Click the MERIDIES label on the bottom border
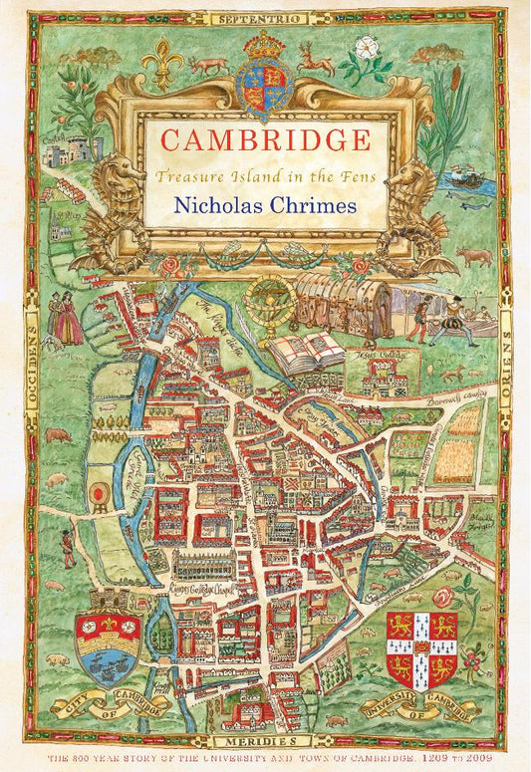point(265,743)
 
